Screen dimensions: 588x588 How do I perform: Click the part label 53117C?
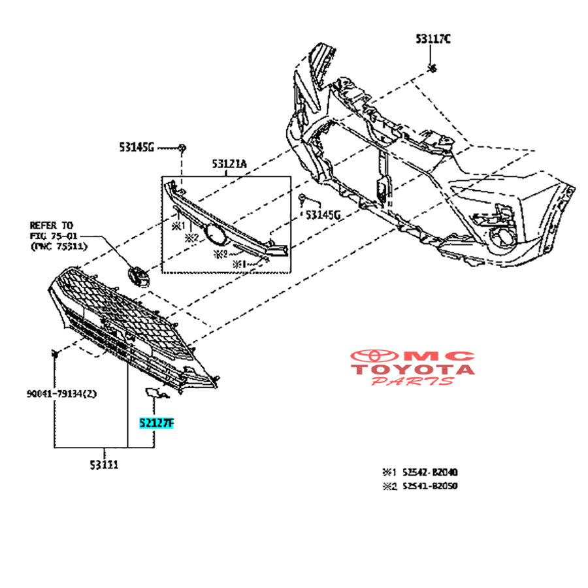433,40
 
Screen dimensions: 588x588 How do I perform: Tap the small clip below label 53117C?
432,69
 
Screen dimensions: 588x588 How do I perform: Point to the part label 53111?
105,465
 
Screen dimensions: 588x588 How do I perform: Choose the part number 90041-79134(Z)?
62,393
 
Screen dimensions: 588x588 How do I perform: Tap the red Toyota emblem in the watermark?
376,356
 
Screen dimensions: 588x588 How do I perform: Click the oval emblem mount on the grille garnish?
213,233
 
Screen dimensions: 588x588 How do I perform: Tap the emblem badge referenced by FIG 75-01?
139,276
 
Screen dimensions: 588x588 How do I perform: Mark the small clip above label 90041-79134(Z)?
56,353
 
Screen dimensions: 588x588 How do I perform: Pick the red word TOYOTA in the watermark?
413,369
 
